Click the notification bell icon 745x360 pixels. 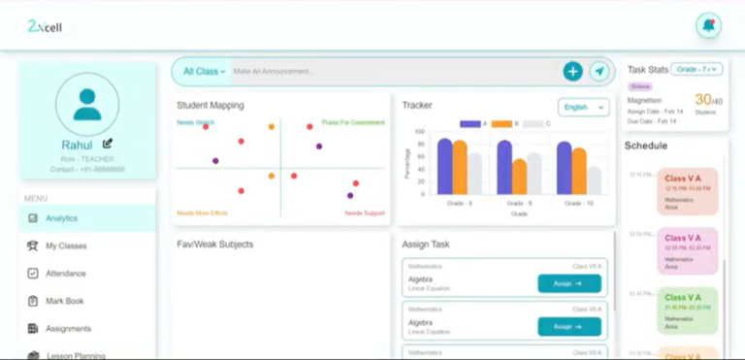point(708,26)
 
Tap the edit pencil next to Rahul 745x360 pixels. point(108,144)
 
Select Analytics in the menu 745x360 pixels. point(61,218)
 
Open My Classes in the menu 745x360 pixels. point(66,246)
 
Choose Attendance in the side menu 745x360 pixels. point(65,274)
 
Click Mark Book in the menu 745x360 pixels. point(64,301)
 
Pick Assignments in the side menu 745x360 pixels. point(68,329)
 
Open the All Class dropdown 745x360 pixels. point(204,71)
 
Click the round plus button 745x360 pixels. point(572,71)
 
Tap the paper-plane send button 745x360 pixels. point(599,71)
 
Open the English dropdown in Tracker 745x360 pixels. point(583,107)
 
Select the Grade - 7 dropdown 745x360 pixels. point(696,69)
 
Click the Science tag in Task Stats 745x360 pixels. point(639,86)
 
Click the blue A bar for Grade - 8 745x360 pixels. point(444,166)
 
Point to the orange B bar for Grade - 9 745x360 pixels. point(519,177)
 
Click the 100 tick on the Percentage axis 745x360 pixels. point(420,132)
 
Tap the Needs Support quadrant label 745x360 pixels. point(365,213)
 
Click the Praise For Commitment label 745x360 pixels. point(353,123)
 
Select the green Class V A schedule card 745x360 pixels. point(687,309)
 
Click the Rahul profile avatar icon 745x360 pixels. point(87,104)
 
